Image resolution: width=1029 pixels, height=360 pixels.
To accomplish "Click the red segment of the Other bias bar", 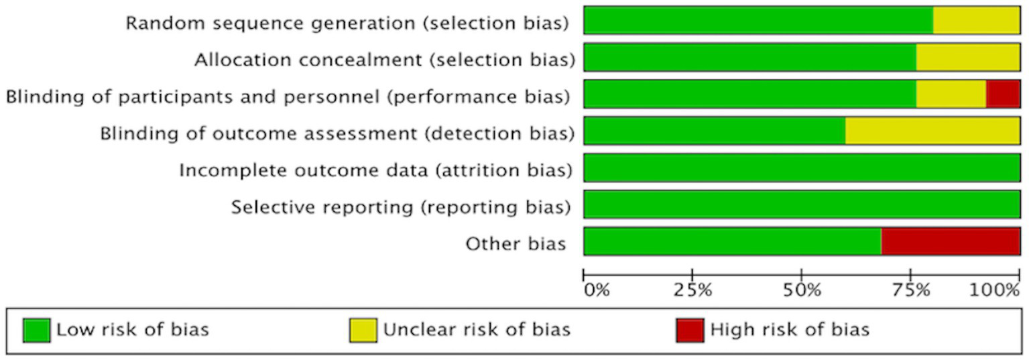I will click(x=950, y=241).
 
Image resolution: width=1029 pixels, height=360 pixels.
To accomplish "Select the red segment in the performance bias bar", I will click(x=1003, y=94).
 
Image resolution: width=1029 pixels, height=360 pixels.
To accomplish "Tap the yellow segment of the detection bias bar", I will click(x=932, y=131).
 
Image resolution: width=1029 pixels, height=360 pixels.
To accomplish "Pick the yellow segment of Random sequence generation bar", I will click(x=976, y=20).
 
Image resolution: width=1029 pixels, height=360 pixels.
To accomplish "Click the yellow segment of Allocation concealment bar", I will click(x=968, y=57).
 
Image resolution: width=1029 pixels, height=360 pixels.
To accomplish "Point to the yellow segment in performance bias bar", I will click(x=951, y=94).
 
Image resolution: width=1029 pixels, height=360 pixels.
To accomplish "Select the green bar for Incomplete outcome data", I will click(x=802, y=168).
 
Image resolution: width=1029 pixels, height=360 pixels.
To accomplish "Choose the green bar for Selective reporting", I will click(x=802, y=204).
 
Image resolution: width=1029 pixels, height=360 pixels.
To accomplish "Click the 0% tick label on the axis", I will click(x=597, y=290).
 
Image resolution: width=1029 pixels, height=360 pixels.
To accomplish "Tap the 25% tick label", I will click(x=692, y=290).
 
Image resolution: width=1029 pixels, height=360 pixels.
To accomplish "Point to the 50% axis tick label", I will click(x=802, y=290).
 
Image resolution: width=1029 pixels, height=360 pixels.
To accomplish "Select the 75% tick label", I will click(x=911, y=290).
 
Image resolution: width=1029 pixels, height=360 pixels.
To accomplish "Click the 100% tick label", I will click(x=994, y=290).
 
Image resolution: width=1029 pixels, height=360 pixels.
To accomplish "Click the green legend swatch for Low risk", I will click(x=36, y=330).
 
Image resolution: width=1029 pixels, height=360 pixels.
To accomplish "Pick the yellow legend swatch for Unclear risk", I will click(x=363, y=330).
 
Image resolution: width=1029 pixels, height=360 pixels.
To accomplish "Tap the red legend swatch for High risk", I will click(x=690, y=330).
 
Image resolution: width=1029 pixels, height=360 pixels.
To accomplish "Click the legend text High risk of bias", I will click(x=790, y=330).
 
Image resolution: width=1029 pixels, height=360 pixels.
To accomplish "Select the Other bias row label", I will click(x=516, y=244).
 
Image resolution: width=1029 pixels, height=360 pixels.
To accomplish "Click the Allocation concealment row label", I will click(x=384, y=60).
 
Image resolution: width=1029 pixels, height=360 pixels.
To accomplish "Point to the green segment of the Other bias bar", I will click(x=732, y=241).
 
